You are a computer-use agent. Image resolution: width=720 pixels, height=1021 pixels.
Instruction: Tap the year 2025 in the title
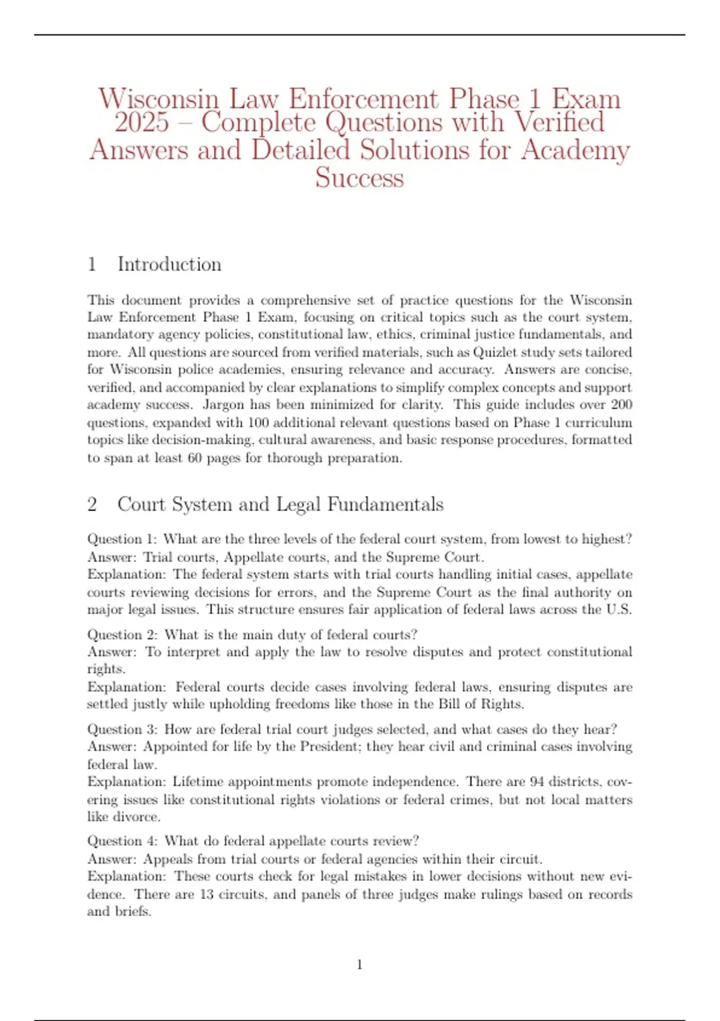click(x=142, y=123)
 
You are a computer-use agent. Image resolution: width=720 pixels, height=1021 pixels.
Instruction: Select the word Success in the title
click(x=359, y=178)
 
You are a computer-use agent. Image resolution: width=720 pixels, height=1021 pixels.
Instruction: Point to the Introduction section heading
click(x=169, y=264)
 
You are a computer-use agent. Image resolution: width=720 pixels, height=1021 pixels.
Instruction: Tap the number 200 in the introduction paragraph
click(x=621, y=405)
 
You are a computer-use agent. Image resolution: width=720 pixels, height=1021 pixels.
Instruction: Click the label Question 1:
click(x=122, y=539)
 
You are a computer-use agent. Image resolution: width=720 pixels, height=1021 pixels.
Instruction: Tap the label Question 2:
click(x=122, y=635)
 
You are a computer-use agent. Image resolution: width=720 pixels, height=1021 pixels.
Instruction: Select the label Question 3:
click(x=122, y=730)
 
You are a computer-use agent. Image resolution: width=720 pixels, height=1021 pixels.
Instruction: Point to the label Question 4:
click(x=122, y=841)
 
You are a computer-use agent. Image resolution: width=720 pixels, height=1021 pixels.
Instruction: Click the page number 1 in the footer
click(x=359, y=965)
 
